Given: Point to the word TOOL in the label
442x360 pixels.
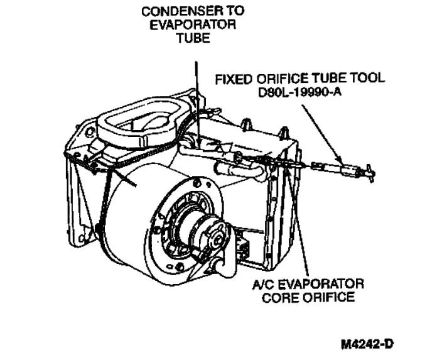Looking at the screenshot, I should coord(367,80).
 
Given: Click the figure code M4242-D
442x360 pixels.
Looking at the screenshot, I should coord(369,344).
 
